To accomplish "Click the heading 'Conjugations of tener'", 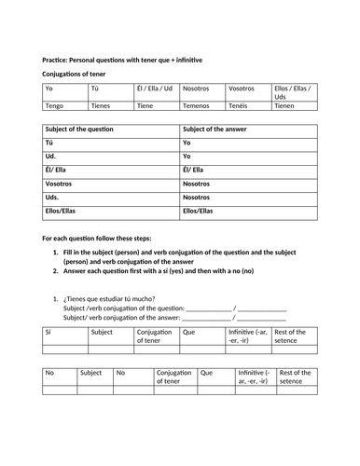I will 75,74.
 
